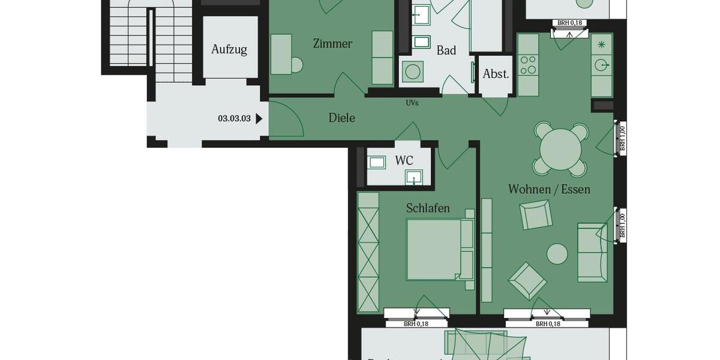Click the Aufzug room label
coord(229,49)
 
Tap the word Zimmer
coord(332,44)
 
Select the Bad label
coord(446,50)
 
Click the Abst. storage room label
coord(496,74)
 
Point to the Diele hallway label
coord(342,118)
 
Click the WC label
coord(404,161)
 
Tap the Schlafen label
coord(428,208)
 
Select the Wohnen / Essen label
coord(549,189)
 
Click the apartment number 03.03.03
coord(234,119)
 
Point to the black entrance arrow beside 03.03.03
coord(259,119)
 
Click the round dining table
coord(561,150)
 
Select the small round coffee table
coord(557,254)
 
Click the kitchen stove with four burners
coord(528,65)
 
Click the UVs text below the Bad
coord(412,103)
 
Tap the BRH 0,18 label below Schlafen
coord(416,324)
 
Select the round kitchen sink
coord(601,64)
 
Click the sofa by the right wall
coord(592,252)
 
